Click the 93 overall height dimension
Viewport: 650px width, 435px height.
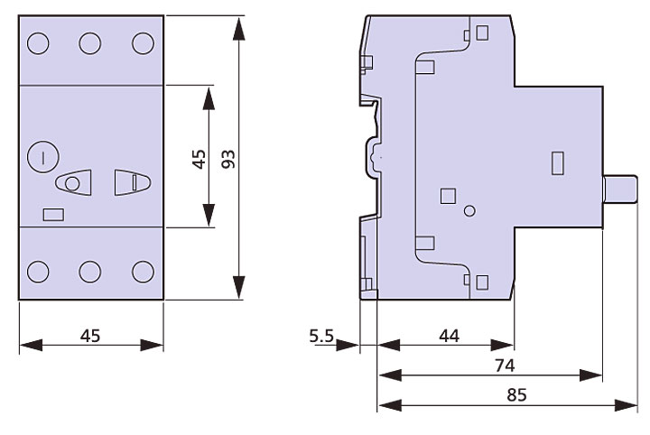228,159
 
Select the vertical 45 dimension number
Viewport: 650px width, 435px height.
200,160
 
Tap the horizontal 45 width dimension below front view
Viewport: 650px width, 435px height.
90,336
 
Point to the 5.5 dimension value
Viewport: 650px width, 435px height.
321,336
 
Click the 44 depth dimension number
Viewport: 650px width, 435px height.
450,336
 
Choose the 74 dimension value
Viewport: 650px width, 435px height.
505,366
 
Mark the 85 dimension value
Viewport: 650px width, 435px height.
516,394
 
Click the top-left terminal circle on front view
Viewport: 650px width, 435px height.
38,43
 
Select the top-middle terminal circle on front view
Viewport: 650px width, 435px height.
89,43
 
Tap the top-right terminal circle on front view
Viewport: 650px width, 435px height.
143,43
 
